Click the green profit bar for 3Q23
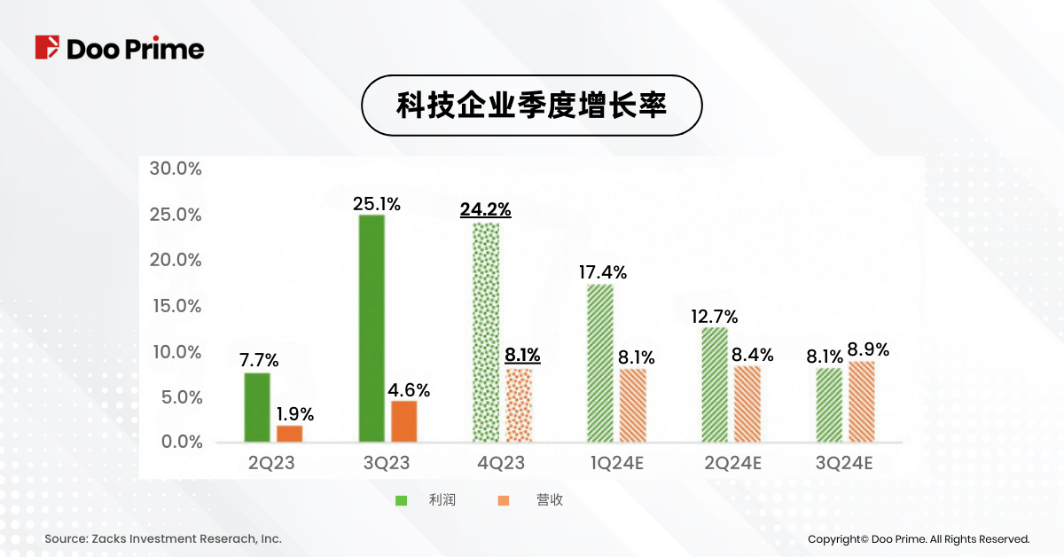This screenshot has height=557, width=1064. pos(372,328)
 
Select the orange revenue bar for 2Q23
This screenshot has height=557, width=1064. pos(289,434)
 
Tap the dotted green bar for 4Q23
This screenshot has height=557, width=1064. pos(486,333)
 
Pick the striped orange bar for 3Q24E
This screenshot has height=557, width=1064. pos(861,402)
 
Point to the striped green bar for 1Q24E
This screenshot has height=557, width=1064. pos(600,363)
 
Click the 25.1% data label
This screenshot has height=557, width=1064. pos(377,204)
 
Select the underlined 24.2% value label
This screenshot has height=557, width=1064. pos(485,210)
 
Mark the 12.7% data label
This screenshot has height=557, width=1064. pos(715,317)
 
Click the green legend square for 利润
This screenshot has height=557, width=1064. pos(401,500)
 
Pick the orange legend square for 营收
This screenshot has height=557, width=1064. pos(504,500)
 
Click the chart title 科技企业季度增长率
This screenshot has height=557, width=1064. pos(531,106)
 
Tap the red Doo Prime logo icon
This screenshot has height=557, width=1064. pos(47,47)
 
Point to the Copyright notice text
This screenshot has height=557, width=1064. pos(919,538)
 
